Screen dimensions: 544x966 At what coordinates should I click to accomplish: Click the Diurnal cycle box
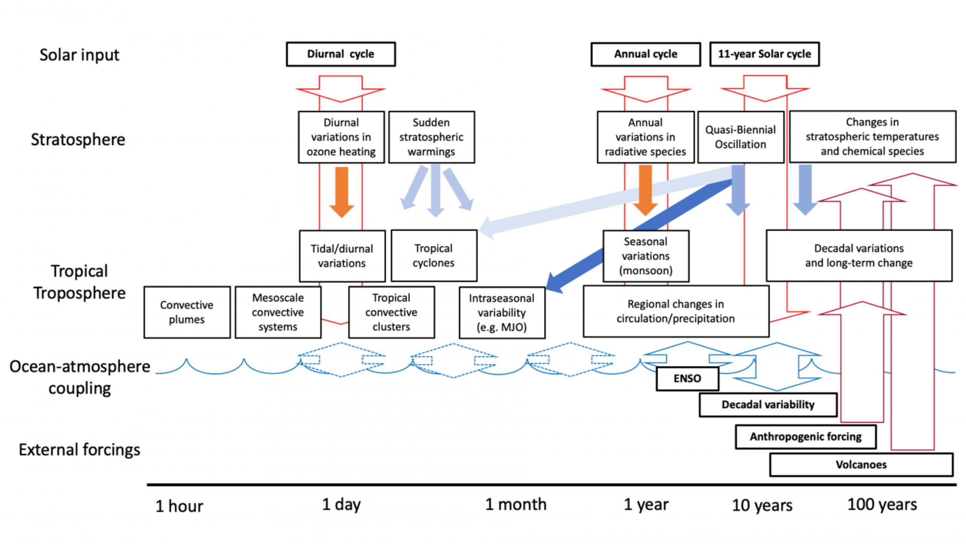[341, 54]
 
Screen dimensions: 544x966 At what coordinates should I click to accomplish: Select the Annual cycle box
[646, 54]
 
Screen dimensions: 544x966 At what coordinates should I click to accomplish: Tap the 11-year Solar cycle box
[764, 54]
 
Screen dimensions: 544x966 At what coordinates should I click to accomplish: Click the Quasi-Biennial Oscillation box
[740, 137]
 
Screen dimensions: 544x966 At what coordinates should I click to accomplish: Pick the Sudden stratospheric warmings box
[431, 137]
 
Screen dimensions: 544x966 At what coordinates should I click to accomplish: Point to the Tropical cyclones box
[434, 256]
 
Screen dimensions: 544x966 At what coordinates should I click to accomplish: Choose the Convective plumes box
[187, 312]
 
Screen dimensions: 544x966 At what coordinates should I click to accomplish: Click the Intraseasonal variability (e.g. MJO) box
[502, 312]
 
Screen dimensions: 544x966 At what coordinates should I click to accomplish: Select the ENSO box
[687, 379]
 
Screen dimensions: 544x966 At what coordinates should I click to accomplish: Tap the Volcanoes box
[861, 465]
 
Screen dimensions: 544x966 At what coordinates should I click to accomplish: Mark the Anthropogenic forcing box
[806, 437]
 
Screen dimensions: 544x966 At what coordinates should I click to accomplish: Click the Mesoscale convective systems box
[278, 312]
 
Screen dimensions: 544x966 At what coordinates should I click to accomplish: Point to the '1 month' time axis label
[516, 505]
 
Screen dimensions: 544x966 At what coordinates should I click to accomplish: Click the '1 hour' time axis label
[179, 506]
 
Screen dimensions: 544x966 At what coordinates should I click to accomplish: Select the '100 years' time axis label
[882, 505]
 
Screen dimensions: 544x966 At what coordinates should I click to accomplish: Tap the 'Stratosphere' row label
[78, 140]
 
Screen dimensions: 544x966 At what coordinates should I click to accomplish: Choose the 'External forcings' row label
[80, 450]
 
